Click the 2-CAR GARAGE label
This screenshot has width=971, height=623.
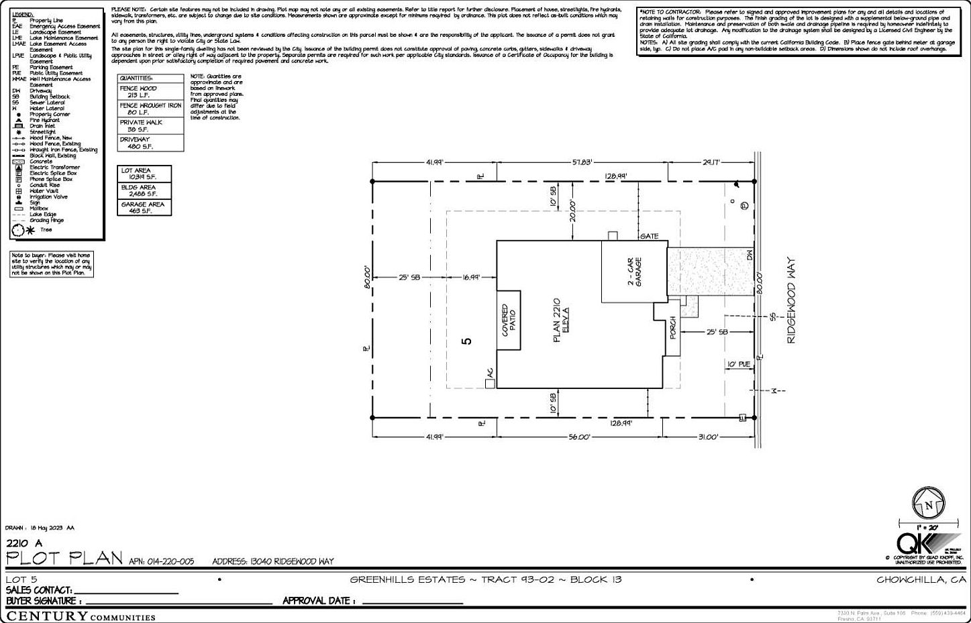[x=634, y=272]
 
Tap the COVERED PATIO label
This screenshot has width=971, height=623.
[x=508, y=320]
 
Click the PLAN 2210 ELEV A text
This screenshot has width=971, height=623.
[x=560, y=321]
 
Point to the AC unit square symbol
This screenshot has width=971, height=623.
[x=490, y=383]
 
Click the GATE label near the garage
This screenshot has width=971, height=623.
[x=649, y=236]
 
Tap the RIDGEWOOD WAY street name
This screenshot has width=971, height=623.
[x=790, y=301]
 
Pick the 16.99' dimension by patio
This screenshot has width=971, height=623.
[x=471, y=277]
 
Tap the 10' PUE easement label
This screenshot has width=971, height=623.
[x=738, y=364]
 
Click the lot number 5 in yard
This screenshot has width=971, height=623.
[x=467, y=341]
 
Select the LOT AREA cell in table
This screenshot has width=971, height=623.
[x=144, y=174]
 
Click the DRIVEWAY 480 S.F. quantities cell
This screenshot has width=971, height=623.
[x=150, y=143]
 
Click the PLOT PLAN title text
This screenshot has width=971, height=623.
[x=64, y=559]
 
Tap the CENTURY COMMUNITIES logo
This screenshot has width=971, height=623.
[x=81, y=616]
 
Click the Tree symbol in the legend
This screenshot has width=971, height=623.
[x=23, y=230]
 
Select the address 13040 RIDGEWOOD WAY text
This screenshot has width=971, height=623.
[x=273, y=561]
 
